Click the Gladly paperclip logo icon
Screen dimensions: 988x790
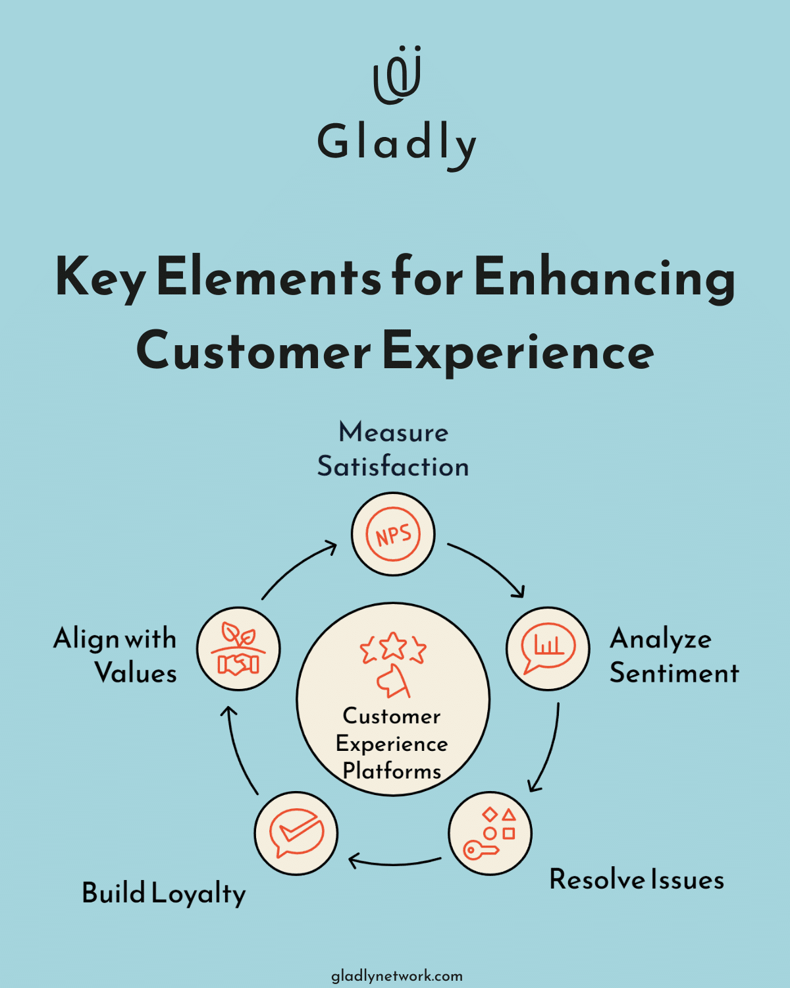[397, 75]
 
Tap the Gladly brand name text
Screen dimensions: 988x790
[397, 143]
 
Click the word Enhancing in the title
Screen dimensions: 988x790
[604, 277]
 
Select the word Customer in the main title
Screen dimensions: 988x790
[253, 351]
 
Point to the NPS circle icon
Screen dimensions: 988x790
[393, 534]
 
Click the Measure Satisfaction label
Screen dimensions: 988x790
[393, 449]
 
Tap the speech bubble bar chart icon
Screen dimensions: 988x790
[548, 648]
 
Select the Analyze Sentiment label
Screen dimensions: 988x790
[673, 655]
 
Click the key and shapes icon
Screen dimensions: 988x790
[490, 833]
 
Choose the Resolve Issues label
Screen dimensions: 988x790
[637, 880]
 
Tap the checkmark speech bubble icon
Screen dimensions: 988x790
[296, 833]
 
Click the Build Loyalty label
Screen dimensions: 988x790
[164, 894]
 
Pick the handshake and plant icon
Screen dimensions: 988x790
[238, 649]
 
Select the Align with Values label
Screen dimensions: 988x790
[116, 655]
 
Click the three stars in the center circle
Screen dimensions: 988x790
[393, 647]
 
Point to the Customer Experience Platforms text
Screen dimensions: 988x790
[392, 744]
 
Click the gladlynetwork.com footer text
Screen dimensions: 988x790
[396, 975]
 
